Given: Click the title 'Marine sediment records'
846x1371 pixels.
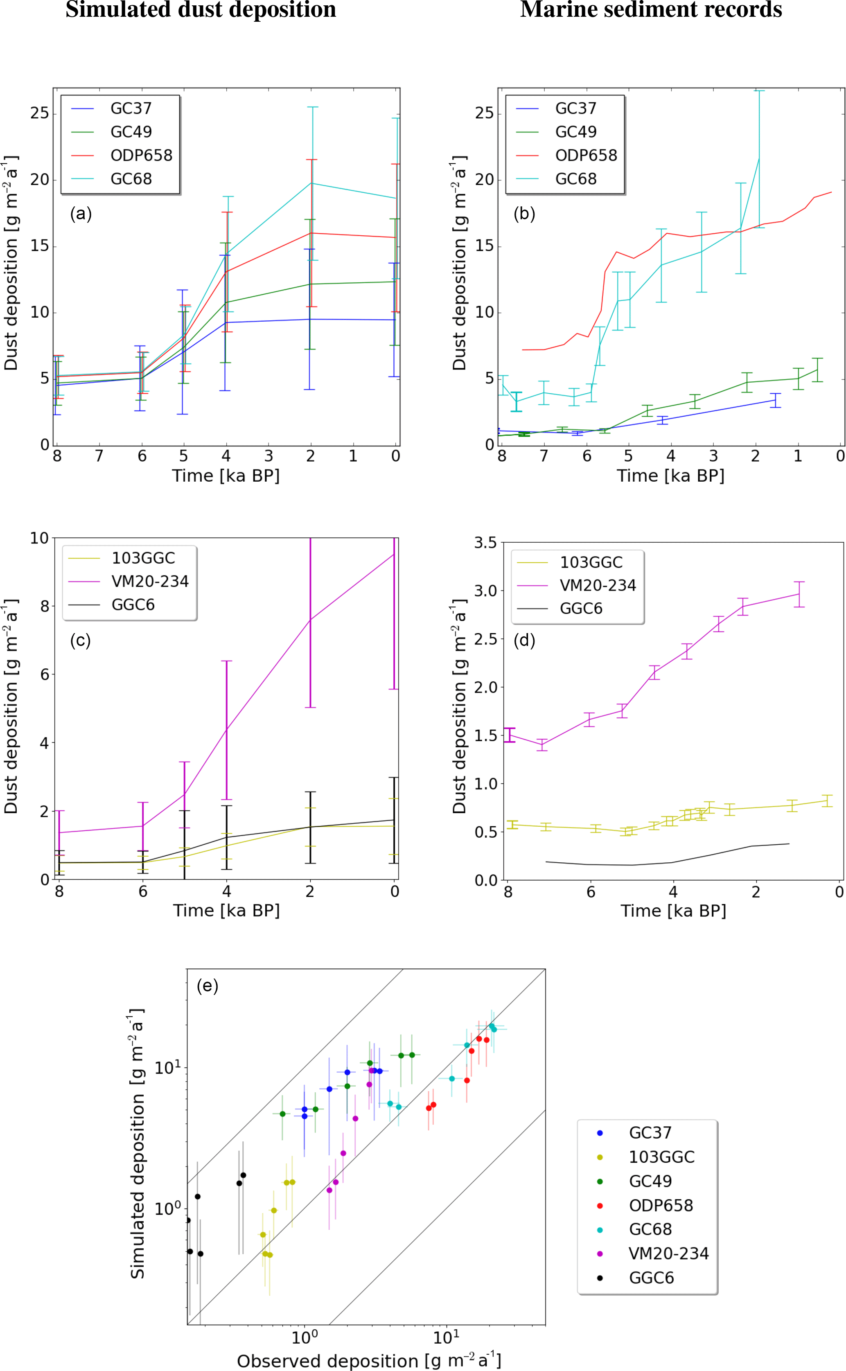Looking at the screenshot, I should click(x=651, y=10).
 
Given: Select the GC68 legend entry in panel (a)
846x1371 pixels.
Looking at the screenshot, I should click(x=131, y=179).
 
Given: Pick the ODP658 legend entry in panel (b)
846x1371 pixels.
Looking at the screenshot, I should click(x=585, y=156).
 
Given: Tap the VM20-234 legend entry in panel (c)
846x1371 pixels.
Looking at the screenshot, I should click(x=149, y=582).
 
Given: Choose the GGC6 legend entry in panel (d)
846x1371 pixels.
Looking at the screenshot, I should click(x=581, y=609).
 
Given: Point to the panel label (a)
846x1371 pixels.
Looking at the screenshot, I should click(x=81, y=214).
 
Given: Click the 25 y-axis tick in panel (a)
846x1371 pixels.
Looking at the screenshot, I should click(x=40, y=113).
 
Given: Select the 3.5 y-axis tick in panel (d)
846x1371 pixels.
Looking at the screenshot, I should click(x=485, y=543).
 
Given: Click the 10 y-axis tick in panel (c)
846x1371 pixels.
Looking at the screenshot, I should click(x=39, y=538).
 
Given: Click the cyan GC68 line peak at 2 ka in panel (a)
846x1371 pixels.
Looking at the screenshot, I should click(x=311, y=183).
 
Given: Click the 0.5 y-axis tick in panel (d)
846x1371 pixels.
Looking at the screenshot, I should click(x=486, y=832).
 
